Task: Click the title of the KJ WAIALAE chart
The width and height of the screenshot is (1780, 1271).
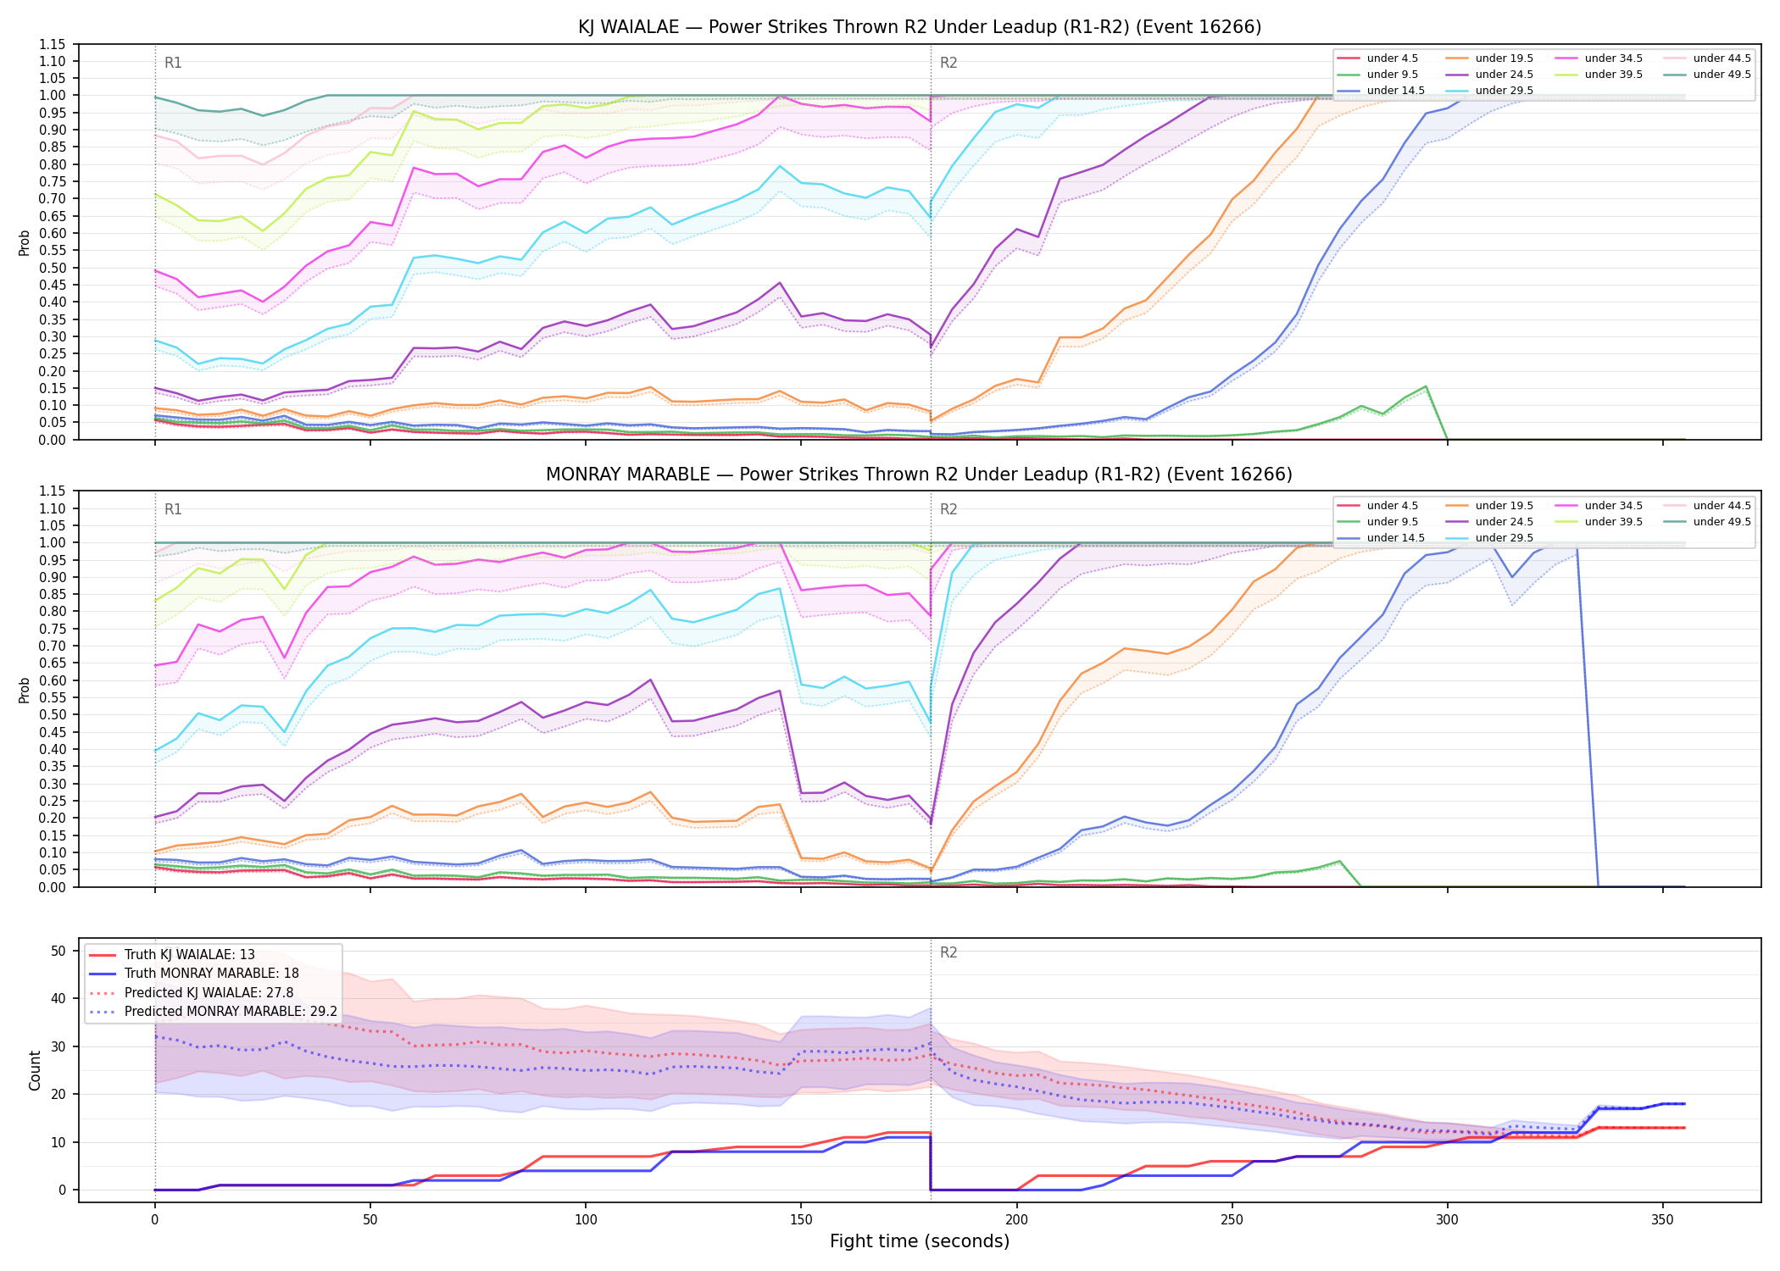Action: [x=920, y=27]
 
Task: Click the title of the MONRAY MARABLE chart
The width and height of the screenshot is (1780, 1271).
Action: [x=919, y=475]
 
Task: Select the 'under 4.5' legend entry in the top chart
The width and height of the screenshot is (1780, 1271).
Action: [x=1377, y=58]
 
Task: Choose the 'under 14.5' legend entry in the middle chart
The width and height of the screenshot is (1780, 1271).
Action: [x=1381, y=538]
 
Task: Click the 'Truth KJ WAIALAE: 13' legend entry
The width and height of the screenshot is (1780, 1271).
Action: [x=171, y=955]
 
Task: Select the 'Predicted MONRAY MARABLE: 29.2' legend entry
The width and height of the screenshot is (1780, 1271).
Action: [x=213, y=1012]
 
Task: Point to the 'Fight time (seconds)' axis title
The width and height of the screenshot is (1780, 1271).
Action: [x=920, y=1241]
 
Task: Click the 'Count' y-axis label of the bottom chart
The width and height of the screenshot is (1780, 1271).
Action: [x=35, y=1070]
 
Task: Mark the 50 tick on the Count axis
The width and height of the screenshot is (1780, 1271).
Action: [x=58, y=951]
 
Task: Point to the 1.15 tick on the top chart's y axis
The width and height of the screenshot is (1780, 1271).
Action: [x=53, y=44]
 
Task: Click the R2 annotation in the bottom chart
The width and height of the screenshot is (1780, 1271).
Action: [x=948, y=952]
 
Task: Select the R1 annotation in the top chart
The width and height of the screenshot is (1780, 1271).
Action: [x=173, y=63]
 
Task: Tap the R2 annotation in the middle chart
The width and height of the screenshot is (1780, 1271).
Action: [x=948, y=509]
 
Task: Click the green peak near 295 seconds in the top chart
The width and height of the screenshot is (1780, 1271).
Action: [x=1426, y=386]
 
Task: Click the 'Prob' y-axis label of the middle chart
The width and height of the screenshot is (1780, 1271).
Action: [x=25, y=690]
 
